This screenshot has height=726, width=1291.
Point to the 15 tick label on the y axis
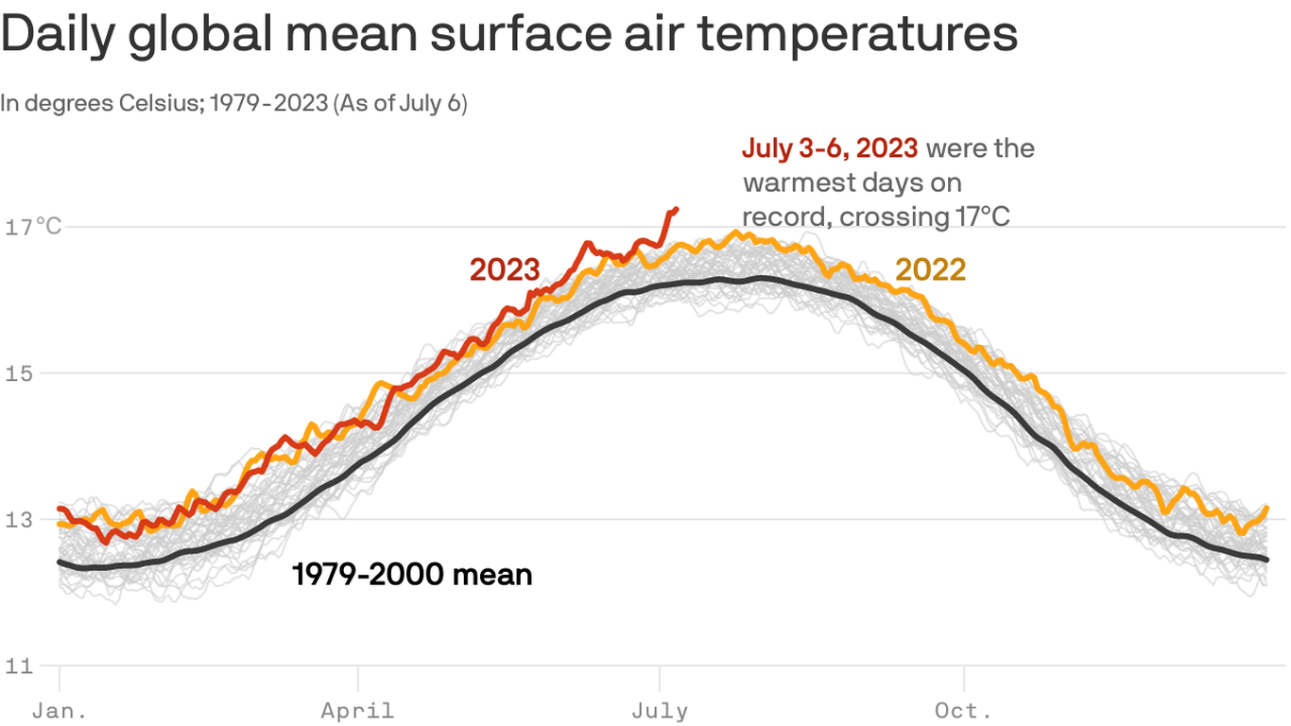click(18, 373)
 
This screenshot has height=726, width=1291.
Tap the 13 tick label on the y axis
click(18, 520)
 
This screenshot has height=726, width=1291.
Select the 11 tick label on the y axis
click(18, 665)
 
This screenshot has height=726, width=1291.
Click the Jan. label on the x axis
click(59, 710)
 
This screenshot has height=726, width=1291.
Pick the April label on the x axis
click(357, 710)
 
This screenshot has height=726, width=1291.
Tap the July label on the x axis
click(660, 710)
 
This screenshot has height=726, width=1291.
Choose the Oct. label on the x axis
click(963, 710)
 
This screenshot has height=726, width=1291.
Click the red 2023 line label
click(505, 269)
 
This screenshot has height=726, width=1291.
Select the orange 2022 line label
click(930, 270)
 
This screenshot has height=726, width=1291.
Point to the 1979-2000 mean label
click(412, 574)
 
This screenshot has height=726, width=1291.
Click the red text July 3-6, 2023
click(830, 148)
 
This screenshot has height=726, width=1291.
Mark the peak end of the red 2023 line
click(676, 209)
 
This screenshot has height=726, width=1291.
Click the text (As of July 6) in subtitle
click(401, 103)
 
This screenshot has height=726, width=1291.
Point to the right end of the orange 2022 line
click(1266, 508)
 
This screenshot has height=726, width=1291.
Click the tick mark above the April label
click(358, 678)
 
